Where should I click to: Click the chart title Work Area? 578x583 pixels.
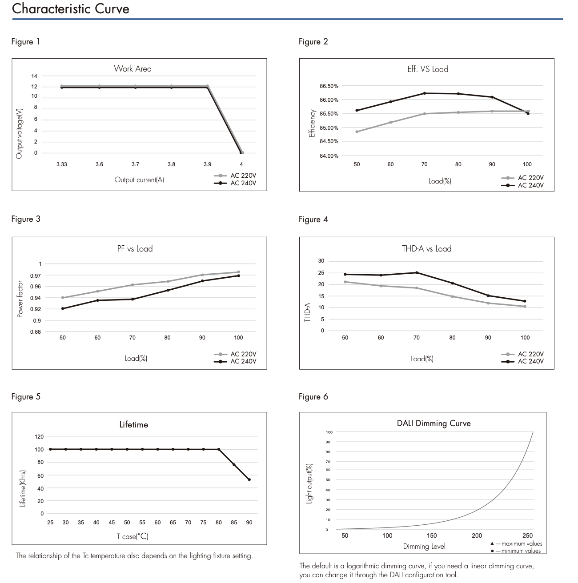pyautogui.click(x=132, y=68)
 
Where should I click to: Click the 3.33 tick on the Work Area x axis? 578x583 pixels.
pyautogui.click(x=61, y=164)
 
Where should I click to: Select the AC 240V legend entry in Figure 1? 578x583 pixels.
pyautogui.click(x=235, y=183)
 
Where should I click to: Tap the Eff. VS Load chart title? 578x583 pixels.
pyautogui.click(x=427, y=69)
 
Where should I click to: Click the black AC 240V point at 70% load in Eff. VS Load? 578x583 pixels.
pyautogui.click(x=425, y=93)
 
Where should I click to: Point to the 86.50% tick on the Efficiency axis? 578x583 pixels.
pyautogui.click(x=329, y=86)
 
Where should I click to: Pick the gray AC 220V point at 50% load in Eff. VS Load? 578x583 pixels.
pyautogui.click(x=357, y=132)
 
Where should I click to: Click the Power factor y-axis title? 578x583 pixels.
pyautogui.click(x=20, y=299)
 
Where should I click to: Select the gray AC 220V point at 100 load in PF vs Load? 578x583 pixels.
pyautogui.click(x=238, y=272)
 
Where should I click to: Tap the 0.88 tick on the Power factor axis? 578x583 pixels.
pyautogui.click(x=36, y=331)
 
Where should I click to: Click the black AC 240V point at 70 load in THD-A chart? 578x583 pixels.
pyautogui.click(x=417, y=272)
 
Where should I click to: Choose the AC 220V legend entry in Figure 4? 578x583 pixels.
pyautogui.click(x=523, y=354)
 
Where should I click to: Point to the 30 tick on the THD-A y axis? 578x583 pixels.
pyautogui.click(x=321, y=261)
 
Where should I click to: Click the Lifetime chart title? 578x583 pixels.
pyautogui.click(x=133, y=424)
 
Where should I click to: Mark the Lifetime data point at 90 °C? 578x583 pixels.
pyautogui.click(x=249, y=479)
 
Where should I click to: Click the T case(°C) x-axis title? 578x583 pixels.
pyautogui.click(x=132, y=536)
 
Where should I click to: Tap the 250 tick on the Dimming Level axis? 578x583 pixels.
pyautogui.click(x=528, y=535)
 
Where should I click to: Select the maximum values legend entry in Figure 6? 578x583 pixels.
pyautogui.click(x=517, y=543)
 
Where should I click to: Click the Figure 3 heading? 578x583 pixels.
pyautogui.click(x=26, y=219)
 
